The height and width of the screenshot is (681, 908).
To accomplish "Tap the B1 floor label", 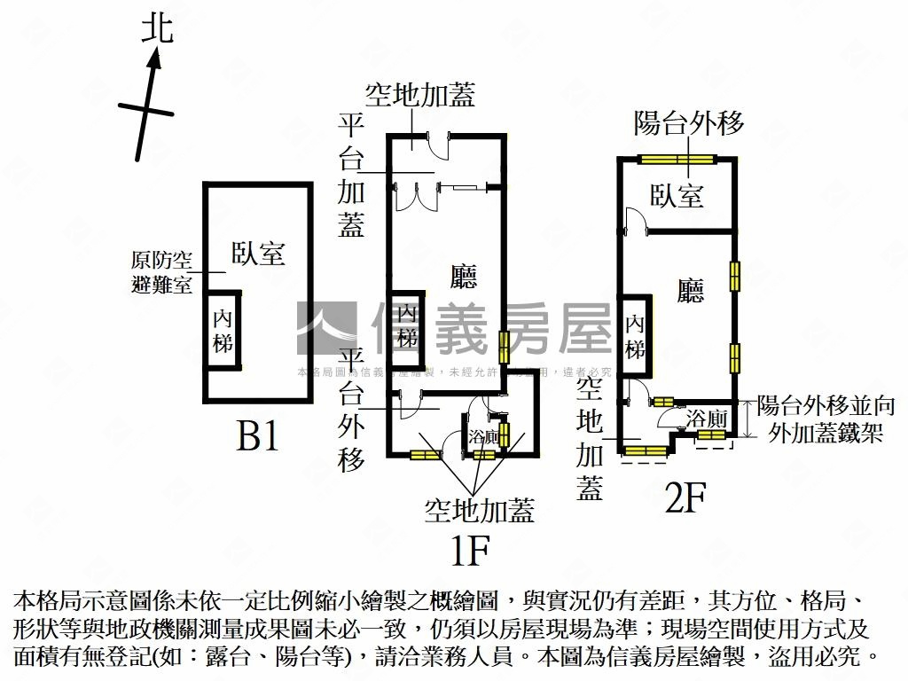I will click(258, 435).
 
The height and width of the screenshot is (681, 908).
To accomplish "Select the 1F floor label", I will click(470, 552).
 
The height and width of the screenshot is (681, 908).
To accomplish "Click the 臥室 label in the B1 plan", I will click(258, 254).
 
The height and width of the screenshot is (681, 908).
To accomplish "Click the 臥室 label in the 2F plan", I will click(677, 195).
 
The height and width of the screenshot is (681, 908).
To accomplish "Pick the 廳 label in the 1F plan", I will click(464, 277).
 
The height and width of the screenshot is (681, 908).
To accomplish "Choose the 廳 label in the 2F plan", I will click(690, 291).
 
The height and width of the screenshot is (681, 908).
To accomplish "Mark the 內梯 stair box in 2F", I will click(635, 338).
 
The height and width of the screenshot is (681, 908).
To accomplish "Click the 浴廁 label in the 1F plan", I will click(483, 436).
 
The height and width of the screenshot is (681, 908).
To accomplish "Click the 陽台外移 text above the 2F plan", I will click(689, 123).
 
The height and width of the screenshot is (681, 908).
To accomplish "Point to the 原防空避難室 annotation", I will click(160, 273).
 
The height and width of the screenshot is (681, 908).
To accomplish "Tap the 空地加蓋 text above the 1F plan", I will click(420, 96).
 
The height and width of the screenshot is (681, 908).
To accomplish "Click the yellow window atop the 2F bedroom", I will click(678, 160).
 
